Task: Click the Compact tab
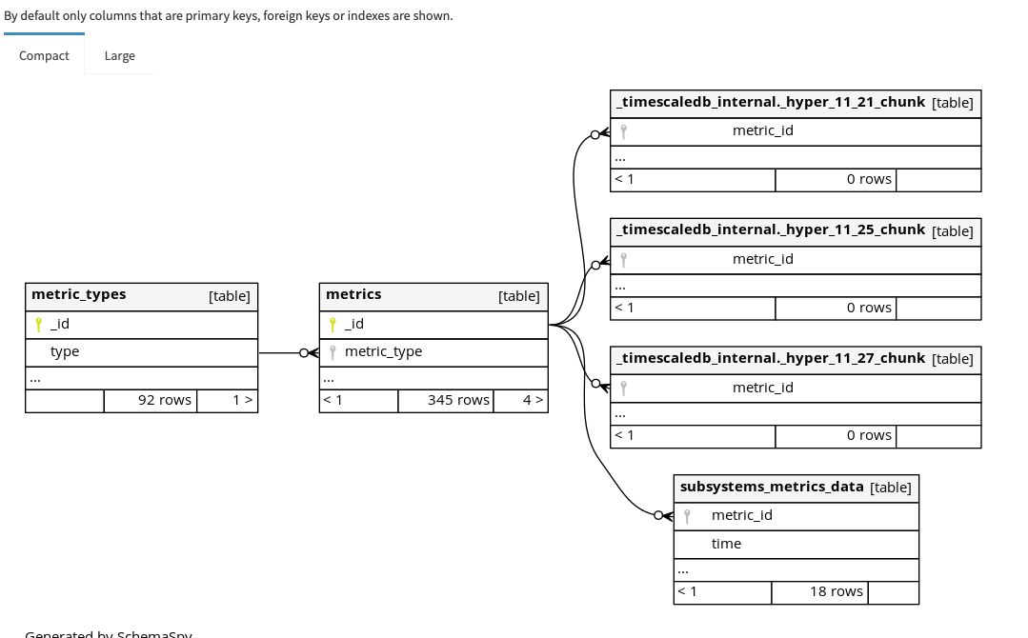coord(44,55)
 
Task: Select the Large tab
coord(119,55)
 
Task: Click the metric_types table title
coord(79,295)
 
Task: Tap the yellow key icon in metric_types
coord(38,324)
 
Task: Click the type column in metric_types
coord(65,351)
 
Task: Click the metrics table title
coord(353,295)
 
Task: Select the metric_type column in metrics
coord(383,351)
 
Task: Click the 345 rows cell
coord(457,400)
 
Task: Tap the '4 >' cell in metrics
coord(533,400)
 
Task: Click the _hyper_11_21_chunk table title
coord(771,102)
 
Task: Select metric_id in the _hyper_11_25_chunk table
coord(762,259)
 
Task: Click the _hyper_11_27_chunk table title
coord(771,358)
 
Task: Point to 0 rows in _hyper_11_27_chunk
coord(869,435)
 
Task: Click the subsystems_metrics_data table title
coord(772,487)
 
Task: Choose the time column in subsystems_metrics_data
coord(726,544)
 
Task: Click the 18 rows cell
coord(836,591)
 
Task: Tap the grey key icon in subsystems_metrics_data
coord(687,516)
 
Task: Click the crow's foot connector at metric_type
coord(309,352)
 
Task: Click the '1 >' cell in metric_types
coord(242,400)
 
